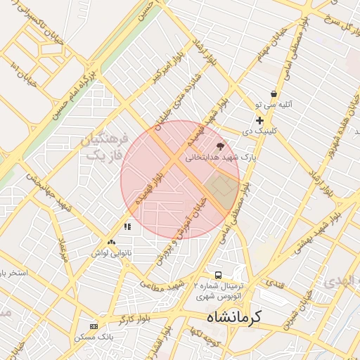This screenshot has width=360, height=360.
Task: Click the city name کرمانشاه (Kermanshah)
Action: click(x=233, y=317)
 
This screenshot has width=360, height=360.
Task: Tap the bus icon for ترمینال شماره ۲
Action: click(x=219, y=275)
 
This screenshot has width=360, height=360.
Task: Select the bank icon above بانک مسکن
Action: click(x=94, y=326)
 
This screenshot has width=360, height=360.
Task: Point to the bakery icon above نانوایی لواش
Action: click(x=111, y=242)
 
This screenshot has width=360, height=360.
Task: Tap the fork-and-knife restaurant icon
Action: click(x=127, y=226)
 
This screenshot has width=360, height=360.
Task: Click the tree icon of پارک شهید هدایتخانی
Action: click(x=221, y=146)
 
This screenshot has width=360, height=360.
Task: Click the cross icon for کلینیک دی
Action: click(x=259, y=120)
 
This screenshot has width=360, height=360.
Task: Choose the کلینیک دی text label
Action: click(x=259, y=131)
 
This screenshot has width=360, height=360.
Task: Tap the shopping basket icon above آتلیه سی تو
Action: click(x=274, y=94)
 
